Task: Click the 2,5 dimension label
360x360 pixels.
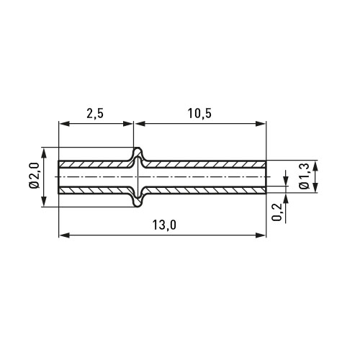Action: [x=95, y=114]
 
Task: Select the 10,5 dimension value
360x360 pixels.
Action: [x=199, y=114]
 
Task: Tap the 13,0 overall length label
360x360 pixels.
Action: [x=164, y=225]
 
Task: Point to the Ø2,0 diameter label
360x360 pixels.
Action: [x=34, y=176]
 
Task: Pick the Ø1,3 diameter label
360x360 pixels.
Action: [x=305, y=176]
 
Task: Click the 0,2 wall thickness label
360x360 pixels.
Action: [x=276, y=212]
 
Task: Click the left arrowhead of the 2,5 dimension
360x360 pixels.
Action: [x=64, y=124]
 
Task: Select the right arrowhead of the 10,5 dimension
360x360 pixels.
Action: [x=261, y=124]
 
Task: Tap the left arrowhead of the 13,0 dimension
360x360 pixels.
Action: [x=64, y=235]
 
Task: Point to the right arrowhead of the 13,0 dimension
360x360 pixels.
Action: [x=261, y=235]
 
